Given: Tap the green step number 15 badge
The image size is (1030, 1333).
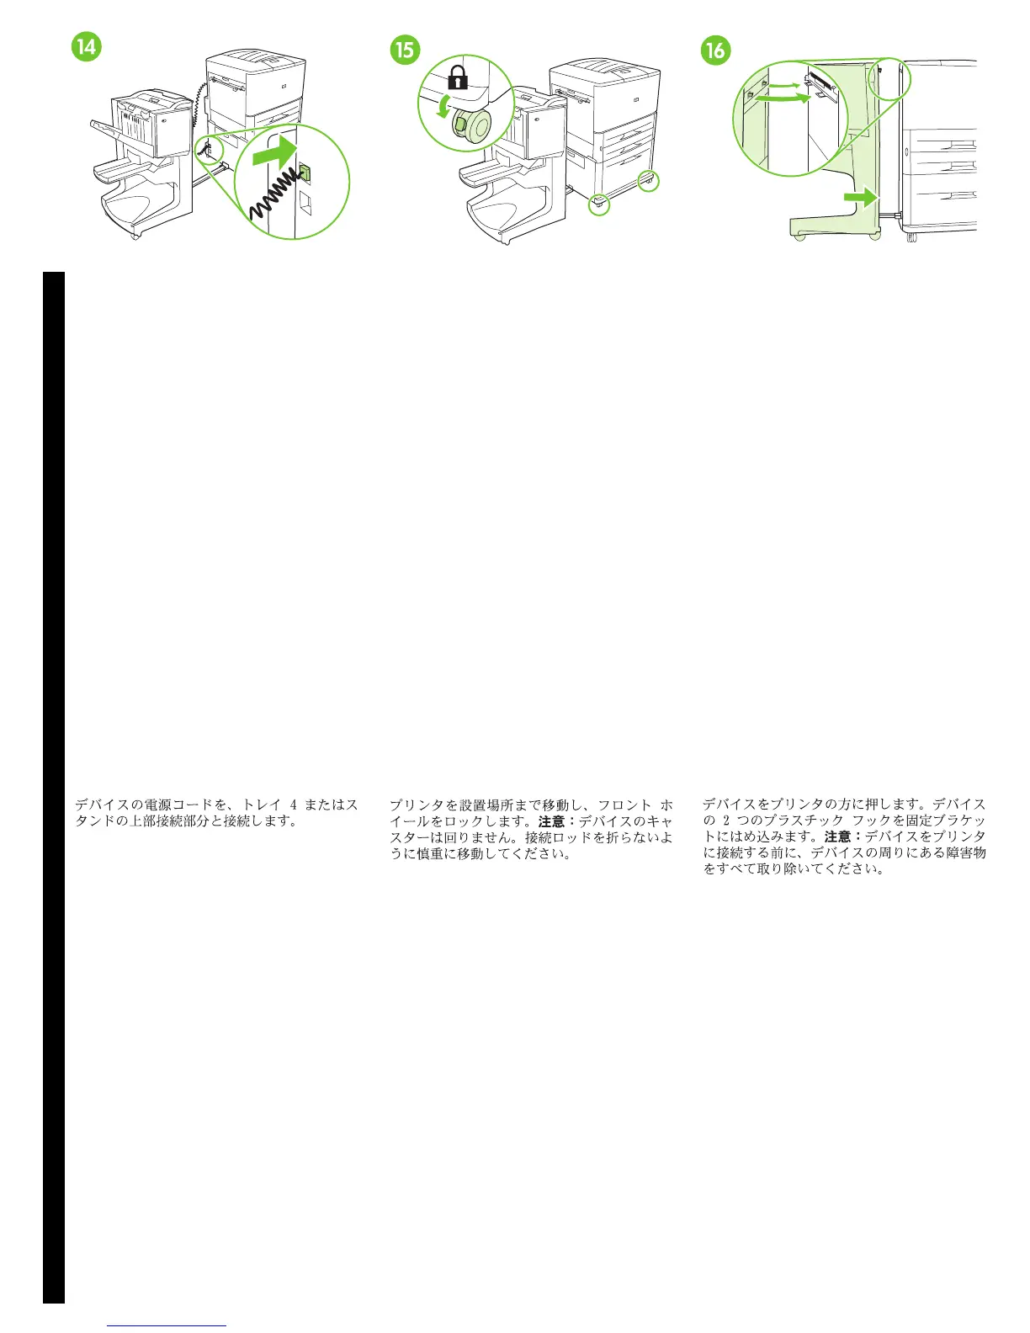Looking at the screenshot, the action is coord(405,50).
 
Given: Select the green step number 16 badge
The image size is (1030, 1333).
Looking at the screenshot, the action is coord(714,50).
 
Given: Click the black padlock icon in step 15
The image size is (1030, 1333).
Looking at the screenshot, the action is coord(457,79).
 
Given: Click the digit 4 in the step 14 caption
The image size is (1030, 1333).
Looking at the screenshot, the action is coord(292,805).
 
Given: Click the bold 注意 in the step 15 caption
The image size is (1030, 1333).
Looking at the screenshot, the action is coord(552,821).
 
